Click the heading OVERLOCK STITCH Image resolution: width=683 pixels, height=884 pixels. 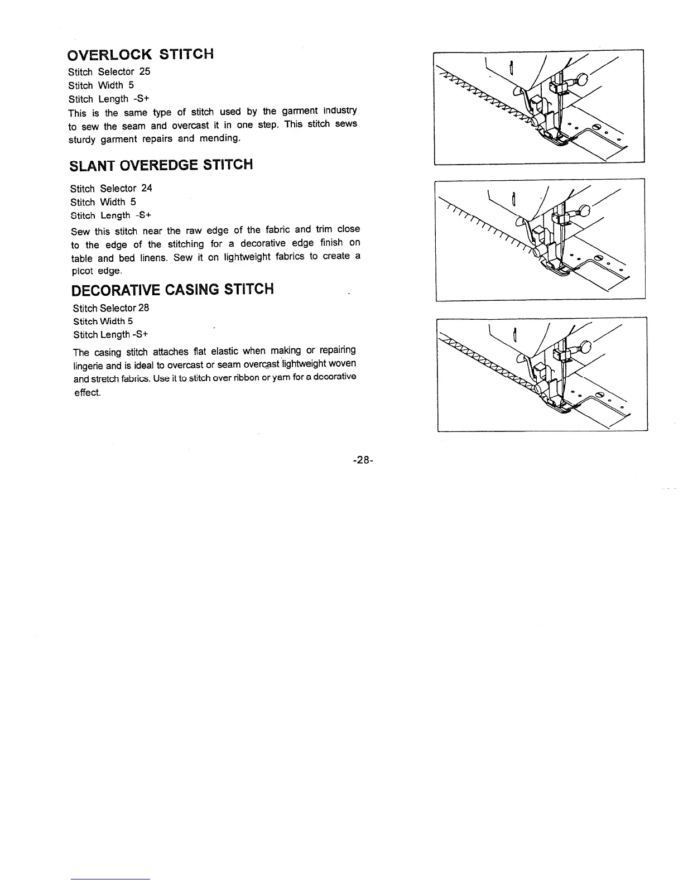[x=140, y=55]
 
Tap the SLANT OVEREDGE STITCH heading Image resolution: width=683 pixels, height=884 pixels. [x=161, y=165]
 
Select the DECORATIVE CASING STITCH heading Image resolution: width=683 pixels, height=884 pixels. [x=173, y=290]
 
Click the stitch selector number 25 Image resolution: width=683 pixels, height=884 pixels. [x=145, y=71]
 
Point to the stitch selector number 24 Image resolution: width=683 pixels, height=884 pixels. [x=147, y=188]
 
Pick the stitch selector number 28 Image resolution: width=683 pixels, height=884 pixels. [x=143, y=308]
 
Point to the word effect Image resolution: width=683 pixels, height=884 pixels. [x=88, y=392]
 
